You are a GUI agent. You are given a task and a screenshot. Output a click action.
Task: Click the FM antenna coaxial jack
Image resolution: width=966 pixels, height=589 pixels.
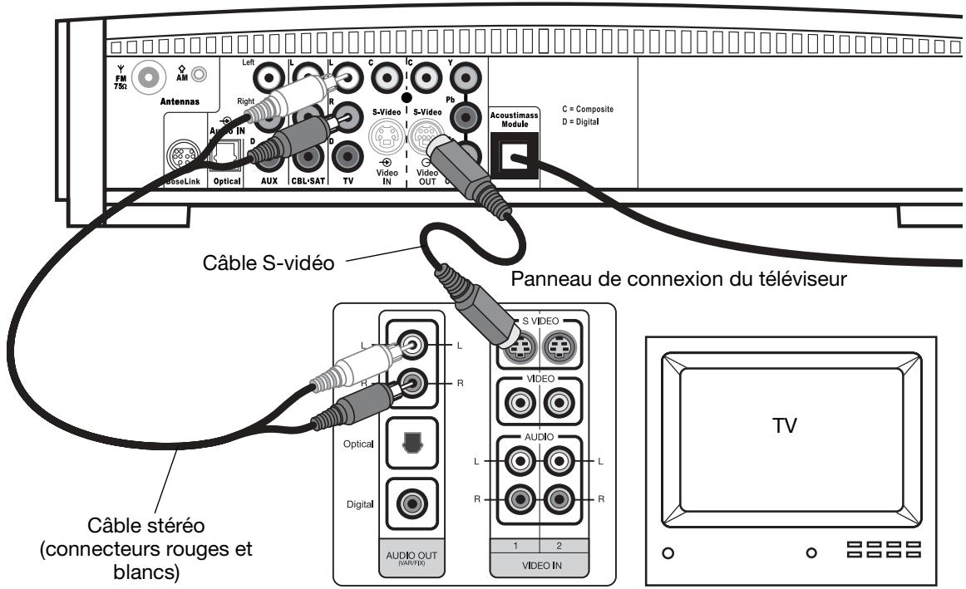pos(149,79)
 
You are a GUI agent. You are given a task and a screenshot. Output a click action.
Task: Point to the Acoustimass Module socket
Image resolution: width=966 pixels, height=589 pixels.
pos(514,160)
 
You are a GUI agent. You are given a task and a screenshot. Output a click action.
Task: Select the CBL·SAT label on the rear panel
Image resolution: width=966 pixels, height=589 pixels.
pos(308,179)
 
